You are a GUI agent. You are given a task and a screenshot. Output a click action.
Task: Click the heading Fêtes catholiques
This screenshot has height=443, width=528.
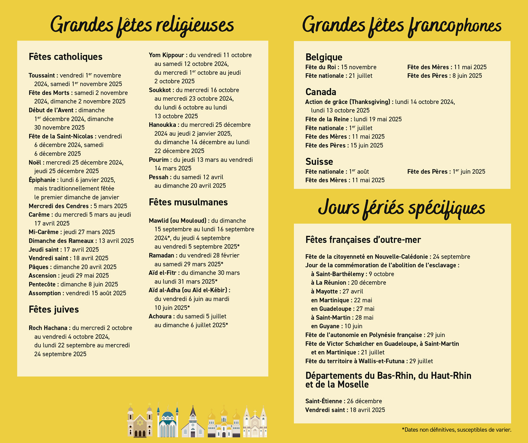tap(65, 57)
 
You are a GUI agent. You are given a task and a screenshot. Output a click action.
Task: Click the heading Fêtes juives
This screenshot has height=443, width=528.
tap(54, 309)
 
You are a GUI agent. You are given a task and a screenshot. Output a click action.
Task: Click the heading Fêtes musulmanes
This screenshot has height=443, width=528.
tap(188, 202)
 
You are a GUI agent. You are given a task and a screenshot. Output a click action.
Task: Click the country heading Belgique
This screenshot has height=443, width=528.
tap(324, 57)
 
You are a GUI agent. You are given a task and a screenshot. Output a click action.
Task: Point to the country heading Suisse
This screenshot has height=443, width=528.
tap(319, 161)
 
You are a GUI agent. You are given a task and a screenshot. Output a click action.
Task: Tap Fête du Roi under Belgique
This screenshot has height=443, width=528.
tap(321, 67)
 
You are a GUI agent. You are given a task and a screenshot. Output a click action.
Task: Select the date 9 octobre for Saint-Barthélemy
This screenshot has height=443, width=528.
tap(381, 274)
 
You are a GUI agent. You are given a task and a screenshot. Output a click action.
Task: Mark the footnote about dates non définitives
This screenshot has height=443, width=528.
tap(456, 430)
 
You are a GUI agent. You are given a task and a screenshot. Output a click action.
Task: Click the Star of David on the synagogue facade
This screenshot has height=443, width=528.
tap(140, 422)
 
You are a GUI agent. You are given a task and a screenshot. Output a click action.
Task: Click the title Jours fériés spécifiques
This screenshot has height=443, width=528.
tap(401, 208)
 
